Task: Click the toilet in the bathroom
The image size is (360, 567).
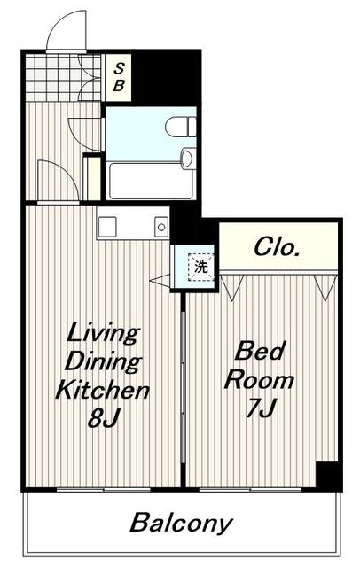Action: [181, 127]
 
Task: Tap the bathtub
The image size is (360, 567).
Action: [151, 181]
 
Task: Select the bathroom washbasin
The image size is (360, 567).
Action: [188, 159]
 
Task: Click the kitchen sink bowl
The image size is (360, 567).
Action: [161, 227]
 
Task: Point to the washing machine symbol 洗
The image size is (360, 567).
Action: [201, 268]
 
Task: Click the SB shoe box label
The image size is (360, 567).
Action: [119, 77]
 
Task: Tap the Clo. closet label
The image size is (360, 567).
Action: [277, 247]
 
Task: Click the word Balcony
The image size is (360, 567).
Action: [181, 523]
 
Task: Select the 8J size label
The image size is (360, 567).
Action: [103, 418]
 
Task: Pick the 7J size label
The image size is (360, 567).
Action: [262, 408]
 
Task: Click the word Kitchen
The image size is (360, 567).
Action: [102, 390]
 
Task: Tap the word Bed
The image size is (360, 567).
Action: [260, 351]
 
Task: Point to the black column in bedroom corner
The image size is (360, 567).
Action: [328, 474]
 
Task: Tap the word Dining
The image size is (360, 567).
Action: [103, 361]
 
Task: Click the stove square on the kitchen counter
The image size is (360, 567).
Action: [107, 227]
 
